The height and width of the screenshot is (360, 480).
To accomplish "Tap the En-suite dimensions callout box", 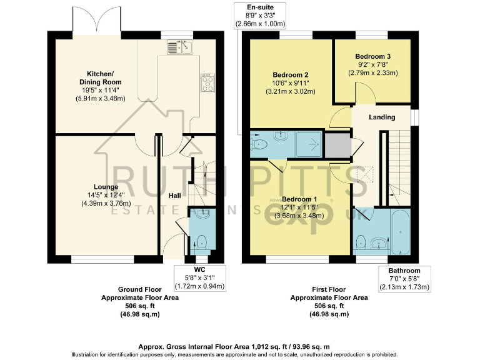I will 260,15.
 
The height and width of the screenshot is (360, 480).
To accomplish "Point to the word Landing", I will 381,117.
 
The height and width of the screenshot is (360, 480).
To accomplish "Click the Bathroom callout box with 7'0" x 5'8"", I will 405,279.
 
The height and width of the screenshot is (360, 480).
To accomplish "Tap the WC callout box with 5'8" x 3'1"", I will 200,277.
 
